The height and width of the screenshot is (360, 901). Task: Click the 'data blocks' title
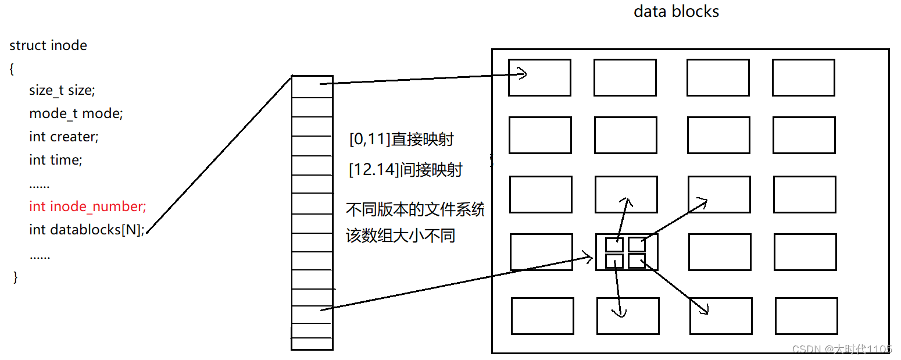click(676, 12)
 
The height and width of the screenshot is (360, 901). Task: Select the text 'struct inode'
click(48, 45)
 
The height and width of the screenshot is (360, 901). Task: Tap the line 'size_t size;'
click(62, 91)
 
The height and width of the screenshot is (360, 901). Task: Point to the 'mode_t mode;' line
click(76, 113)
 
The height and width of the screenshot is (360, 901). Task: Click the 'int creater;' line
click(64, 137)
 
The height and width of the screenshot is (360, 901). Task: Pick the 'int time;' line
click(56, 159)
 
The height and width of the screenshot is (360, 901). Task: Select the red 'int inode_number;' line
click(88, 206)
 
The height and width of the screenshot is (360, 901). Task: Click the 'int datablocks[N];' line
click(87, 230)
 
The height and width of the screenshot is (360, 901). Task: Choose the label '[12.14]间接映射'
click(406, 170)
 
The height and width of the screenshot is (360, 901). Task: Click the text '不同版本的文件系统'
click(415, 209)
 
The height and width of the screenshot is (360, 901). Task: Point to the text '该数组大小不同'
click(401, 236)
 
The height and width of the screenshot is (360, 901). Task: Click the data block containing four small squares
click(627, 252)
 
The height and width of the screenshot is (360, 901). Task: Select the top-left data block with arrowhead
click(539, 77)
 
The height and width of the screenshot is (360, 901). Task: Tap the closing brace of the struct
click(15, 277)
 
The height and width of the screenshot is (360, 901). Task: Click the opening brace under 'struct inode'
click(12, 69)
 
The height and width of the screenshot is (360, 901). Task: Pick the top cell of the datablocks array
click(312, 87)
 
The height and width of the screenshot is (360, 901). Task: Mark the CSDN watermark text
click(842, 349)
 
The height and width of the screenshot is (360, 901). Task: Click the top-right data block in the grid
click(803, 77)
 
